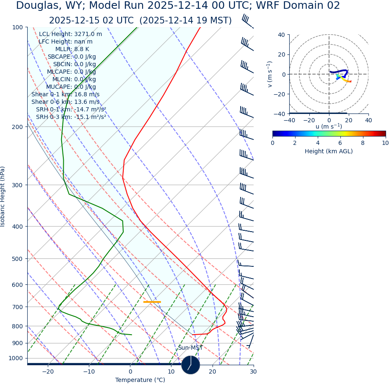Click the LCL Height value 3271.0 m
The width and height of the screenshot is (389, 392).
88,34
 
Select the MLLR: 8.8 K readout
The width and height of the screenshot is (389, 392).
72,49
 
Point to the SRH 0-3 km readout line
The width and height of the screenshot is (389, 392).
71,117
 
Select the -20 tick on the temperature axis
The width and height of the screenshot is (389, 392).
48,372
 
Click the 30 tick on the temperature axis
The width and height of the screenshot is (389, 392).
253,372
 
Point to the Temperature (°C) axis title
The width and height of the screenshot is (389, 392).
140,380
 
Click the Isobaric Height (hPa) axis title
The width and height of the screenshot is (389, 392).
3,196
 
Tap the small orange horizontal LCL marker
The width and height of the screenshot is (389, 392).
152,302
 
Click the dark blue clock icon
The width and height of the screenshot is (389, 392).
191,365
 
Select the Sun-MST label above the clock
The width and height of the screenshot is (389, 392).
190,348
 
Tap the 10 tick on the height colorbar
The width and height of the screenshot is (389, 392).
385,143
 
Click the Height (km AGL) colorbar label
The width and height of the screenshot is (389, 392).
329,151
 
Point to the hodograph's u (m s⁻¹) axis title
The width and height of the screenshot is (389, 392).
329,126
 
